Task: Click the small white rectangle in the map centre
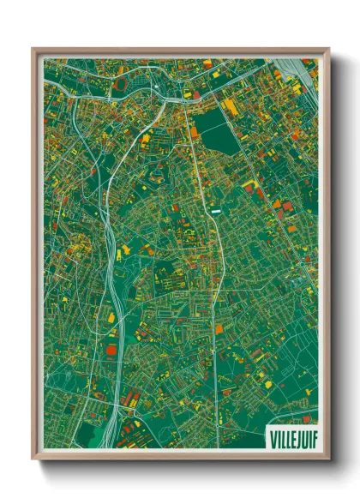(216, 208)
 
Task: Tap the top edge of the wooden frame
(180, 51)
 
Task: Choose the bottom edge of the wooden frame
(180, 455)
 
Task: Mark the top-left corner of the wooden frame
(34, 50)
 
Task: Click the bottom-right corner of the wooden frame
(326, 456)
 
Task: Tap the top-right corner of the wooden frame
(326, 50)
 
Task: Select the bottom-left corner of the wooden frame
(34, 456)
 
